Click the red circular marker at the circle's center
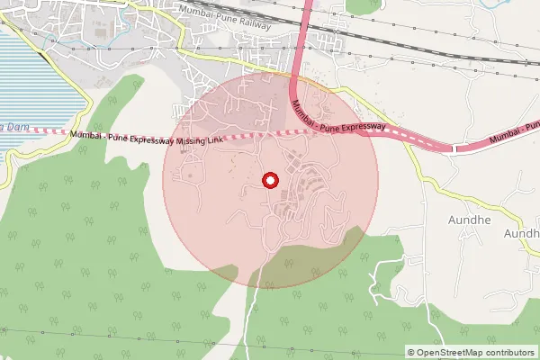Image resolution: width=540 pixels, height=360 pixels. coord(270,180)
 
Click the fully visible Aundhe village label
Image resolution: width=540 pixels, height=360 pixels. coord(467,219)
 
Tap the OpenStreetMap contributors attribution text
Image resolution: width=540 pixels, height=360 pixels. coord(472,353)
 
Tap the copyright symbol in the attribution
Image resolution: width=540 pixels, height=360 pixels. coord(411,353)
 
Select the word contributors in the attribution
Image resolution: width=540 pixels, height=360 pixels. coord(508,353)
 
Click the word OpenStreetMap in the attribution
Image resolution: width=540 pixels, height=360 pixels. coord(449,353)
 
